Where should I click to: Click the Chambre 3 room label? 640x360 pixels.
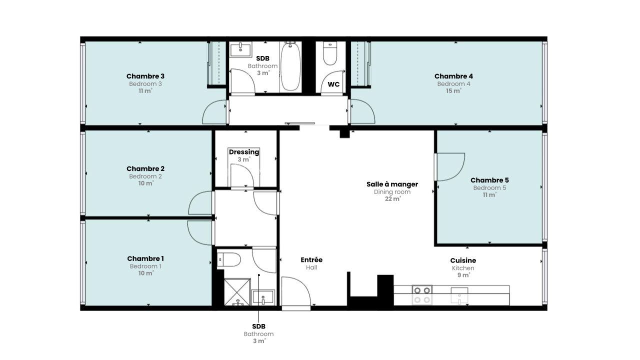(x=145, y=76)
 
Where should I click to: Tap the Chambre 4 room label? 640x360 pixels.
(x=453, y=76)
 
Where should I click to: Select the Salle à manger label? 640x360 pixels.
(x=392, y=184)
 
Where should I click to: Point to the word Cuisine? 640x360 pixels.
(x=463, y=260)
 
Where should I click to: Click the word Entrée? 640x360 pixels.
(x=311, y=259)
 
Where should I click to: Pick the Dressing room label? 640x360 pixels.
(x=244, y=152)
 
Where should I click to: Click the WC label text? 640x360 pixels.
(x=333, y=84)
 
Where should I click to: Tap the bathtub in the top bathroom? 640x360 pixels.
(x=290, y=66)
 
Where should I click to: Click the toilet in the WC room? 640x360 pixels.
(x=330, y=53)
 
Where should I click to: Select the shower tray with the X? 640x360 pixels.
(x=237, y=292)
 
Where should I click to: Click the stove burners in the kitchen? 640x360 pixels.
(x=422, y=295)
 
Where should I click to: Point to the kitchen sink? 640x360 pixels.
(x=459, y=295)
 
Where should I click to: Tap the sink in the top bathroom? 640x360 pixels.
(x=241, y=49)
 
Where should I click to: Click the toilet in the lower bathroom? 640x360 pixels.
(x=228, y=259)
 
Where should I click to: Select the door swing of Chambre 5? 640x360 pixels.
(x=449, y=167)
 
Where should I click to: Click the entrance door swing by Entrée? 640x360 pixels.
(x=296, y=291)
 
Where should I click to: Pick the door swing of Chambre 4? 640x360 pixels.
(x=363, y=111)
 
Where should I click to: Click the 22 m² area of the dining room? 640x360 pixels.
(x=392, y=199)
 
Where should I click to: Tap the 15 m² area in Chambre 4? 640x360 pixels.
(x=453, y=91)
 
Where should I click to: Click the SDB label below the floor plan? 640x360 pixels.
(x=258, y=326)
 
